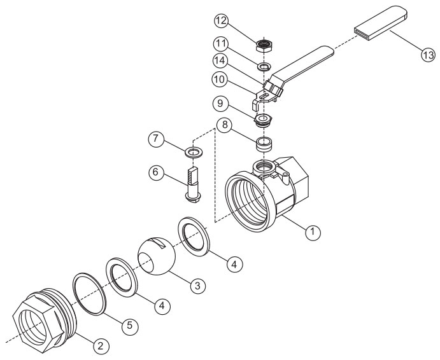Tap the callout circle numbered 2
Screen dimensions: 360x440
pyautogui.click(x=100, y=346)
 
